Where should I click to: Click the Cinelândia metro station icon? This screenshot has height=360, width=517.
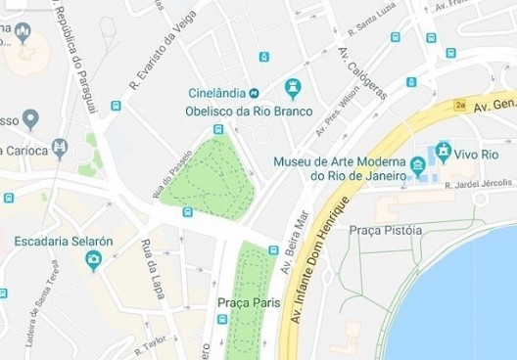click(253, 93)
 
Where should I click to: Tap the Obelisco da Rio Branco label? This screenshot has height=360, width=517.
click(232, 110)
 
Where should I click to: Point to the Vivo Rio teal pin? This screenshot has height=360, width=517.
click(444, 152)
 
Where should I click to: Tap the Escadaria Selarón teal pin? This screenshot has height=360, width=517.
click(94, 260)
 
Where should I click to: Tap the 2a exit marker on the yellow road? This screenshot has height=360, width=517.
click(461, 103)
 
